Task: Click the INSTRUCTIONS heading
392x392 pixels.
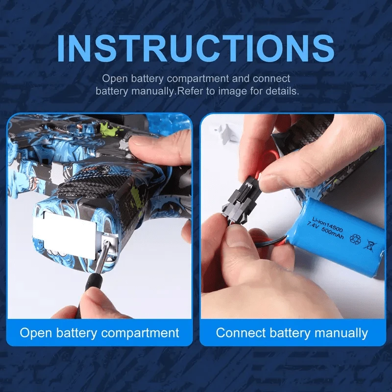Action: point(196,48)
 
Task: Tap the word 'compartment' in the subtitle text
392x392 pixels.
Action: point(197,78)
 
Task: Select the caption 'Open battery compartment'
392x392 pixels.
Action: point(99,333)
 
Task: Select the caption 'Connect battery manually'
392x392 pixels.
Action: point(292,333)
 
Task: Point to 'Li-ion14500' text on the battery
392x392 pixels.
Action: point(327,225)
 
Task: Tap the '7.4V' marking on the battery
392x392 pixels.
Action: point(312,226)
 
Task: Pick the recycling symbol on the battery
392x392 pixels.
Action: point(355,239)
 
